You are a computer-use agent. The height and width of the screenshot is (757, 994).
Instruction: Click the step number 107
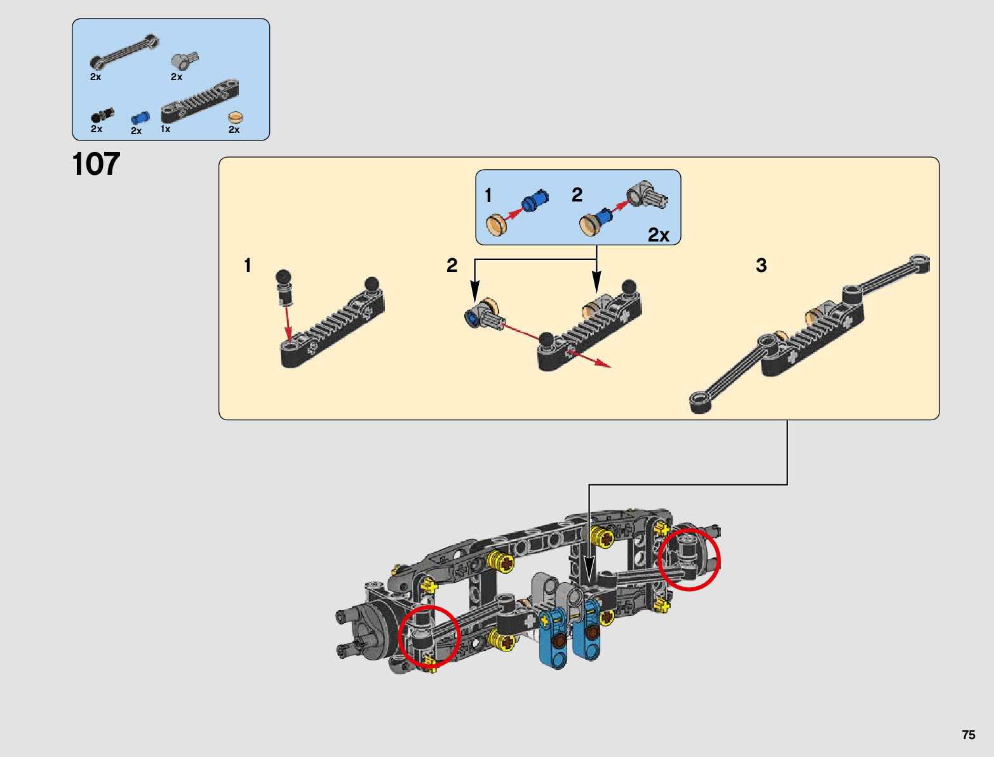[96, 165]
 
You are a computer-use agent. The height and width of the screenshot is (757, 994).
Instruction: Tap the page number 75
[968, 735]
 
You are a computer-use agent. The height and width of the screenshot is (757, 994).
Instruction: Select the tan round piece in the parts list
[236, 118]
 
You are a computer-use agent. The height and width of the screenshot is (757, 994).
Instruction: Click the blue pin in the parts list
[140, 118]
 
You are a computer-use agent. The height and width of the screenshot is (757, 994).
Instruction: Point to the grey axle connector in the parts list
[185, 61]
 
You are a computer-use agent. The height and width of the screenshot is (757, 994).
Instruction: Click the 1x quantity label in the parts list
[165, 129]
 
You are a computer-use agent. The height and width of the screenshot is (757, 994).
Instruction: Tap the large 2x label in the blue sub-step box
[659, 235]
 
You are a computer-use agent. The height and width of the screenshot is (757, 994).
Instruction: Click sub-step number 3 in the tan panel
[761, 265]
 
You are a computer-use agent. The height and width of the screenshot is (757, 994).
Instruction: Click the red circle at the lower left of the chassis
[429, 636]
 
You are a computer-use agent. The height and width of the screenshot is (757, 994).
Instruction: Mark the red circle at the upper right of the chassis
[689, 559]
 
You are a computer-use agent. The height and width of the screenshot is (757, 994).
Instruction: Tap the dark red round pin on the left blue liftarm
[559, 641]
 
